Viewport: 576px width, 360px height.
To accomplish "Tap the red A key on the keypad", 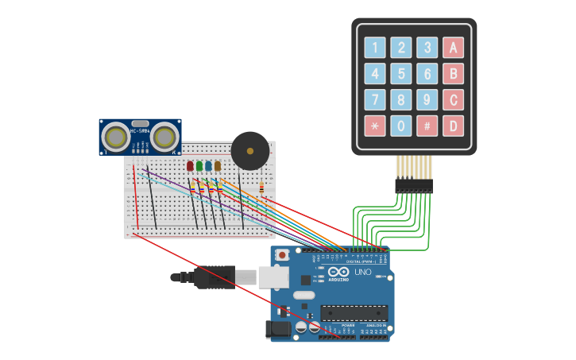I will pos(453,48).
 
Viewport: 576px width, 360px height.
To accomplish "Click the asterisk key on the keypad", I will pos(375,126).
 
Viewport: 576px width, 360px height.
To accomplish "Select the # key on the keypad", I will pos(427,126).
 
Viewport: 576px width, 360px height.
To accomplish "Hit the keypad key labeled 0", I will pos(401,126).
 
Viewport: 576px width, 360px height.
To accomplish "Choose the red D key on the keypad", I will pos(453,126).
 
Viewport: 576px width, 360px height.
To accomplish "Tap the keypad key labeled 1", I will pos(375,48).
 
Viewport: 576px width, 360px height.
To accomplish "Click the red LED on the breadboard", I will pos(190,165).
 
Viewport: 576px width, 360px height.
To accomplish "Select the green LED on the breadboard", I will pos(199,165).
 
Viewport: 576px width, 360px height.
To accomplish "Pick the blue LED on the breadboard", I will pos(208,165).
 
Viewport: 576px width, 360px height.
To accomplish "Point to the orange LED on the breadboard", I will pos(218,165).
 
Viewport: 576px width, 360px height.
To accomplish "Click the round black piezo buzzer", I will pos(250,150).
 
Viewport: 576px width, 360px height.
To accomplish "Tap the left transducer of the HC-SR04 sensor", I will pos(116,137).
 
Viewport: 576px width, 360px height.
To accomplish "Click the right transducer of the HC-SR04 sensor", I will pos(164,137).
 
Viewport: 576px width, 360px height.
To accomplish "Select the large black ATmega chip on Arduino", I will pos(354,313).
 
